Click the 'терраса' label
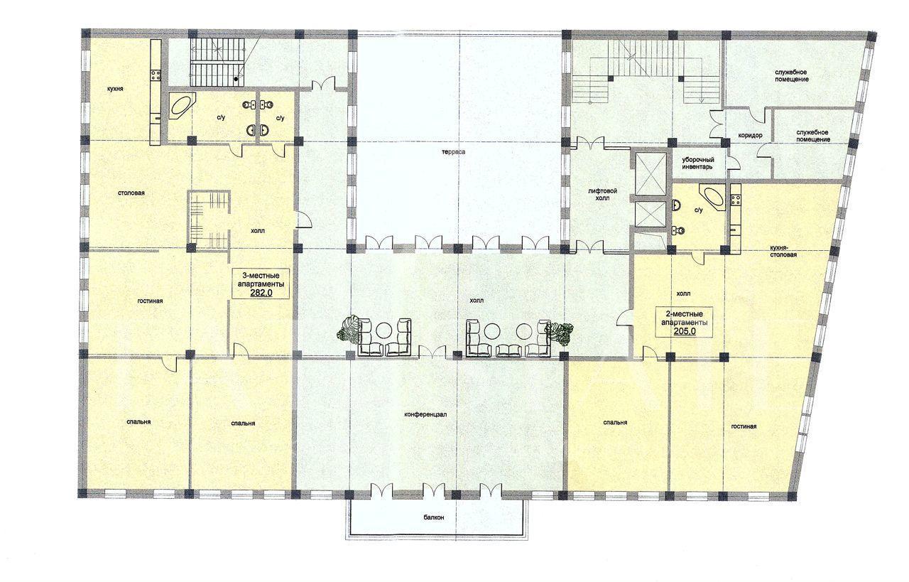[x=454, y=152]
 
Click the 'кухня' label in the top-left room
[x=115, y=88]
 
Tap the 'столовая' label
[x=131, y=193]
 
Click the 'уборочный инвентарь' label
[x=697, y=163]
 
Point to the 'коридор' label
[x=749, y=135]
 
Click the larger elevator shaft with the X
[x=651, y=174]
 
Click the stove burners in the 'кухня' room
[x=156, y=75]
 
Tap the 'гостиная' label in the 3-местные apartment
[x=150, y=301]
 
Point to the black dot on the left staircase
[x=236, y=79]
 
